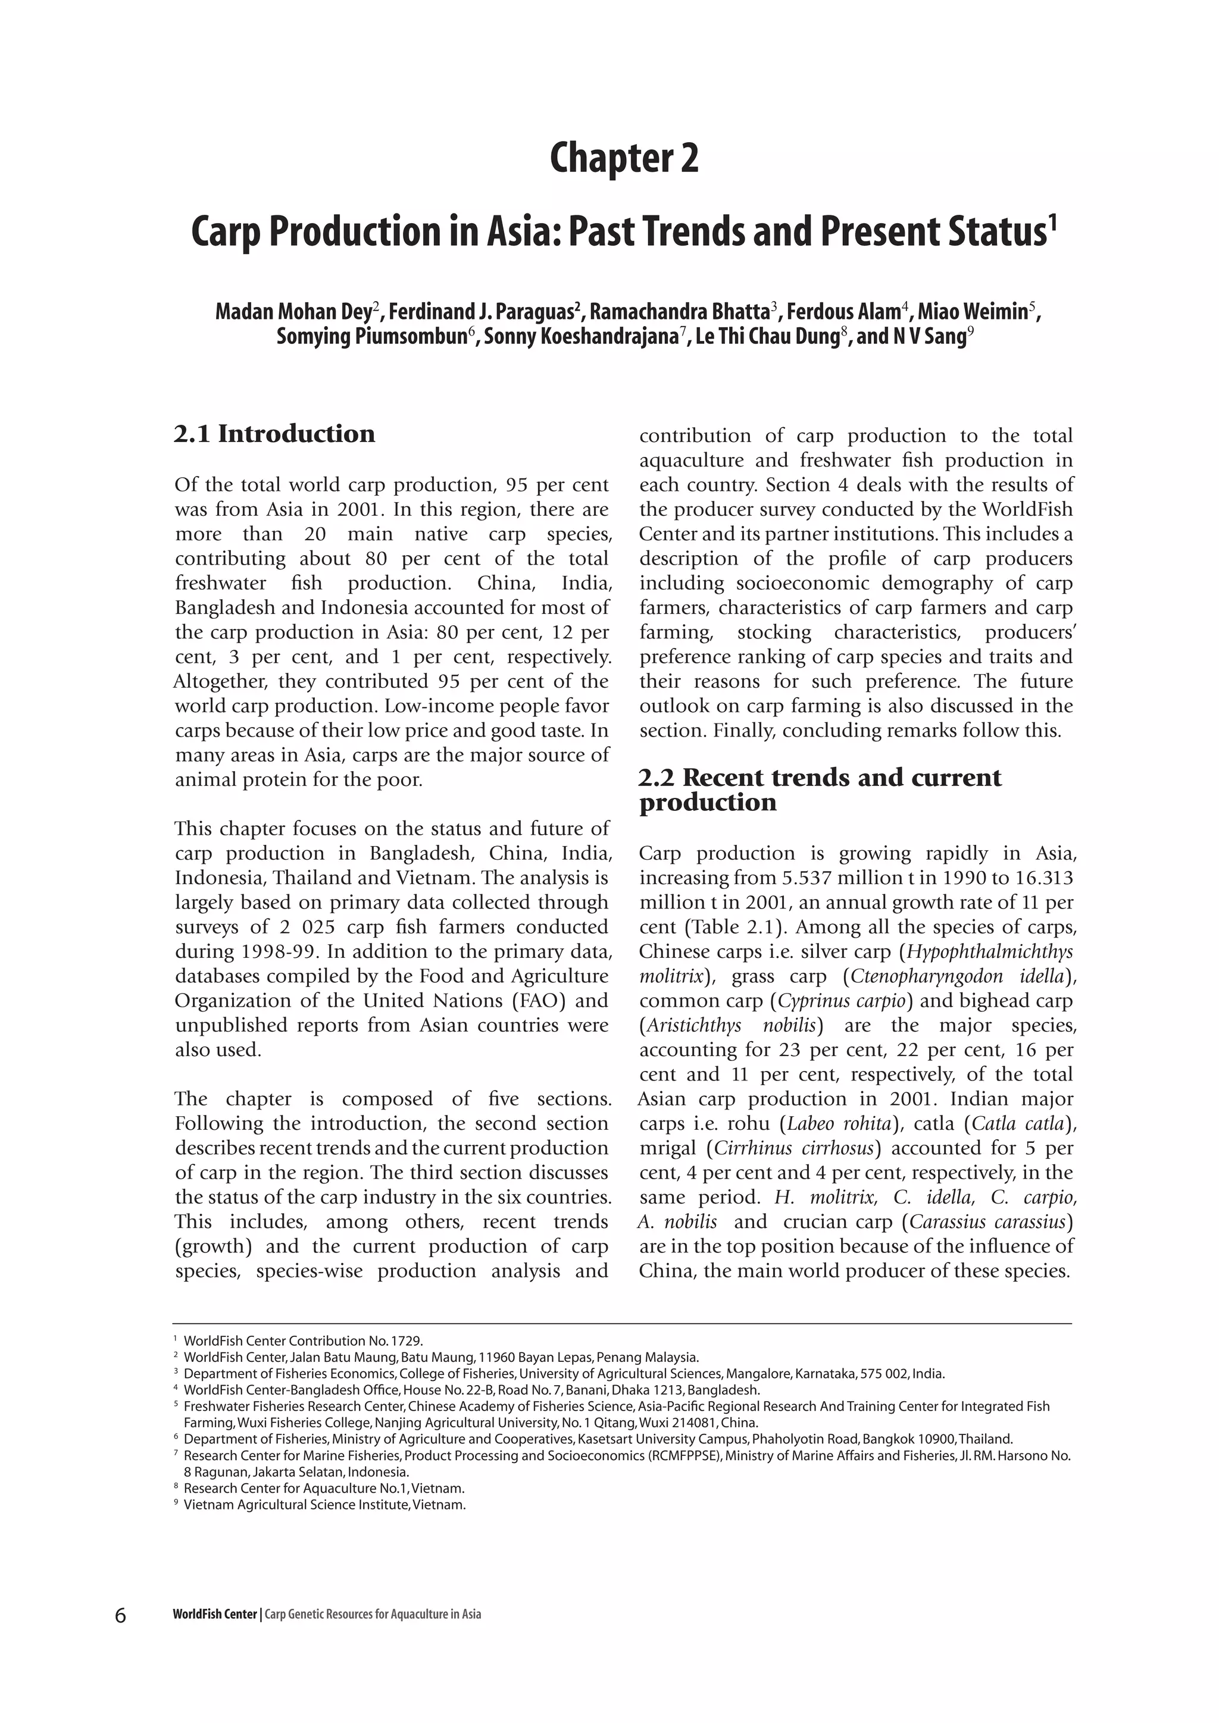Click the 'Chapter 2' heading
(x=624, y=158)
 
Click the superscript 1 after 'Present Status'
(x=1052, y=223)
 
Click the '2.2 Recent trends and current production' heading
(x=820, y=790)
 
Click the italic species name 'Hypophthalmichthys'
(x=989, y=951)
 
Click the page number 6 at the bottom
(x=120, y=1614)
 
